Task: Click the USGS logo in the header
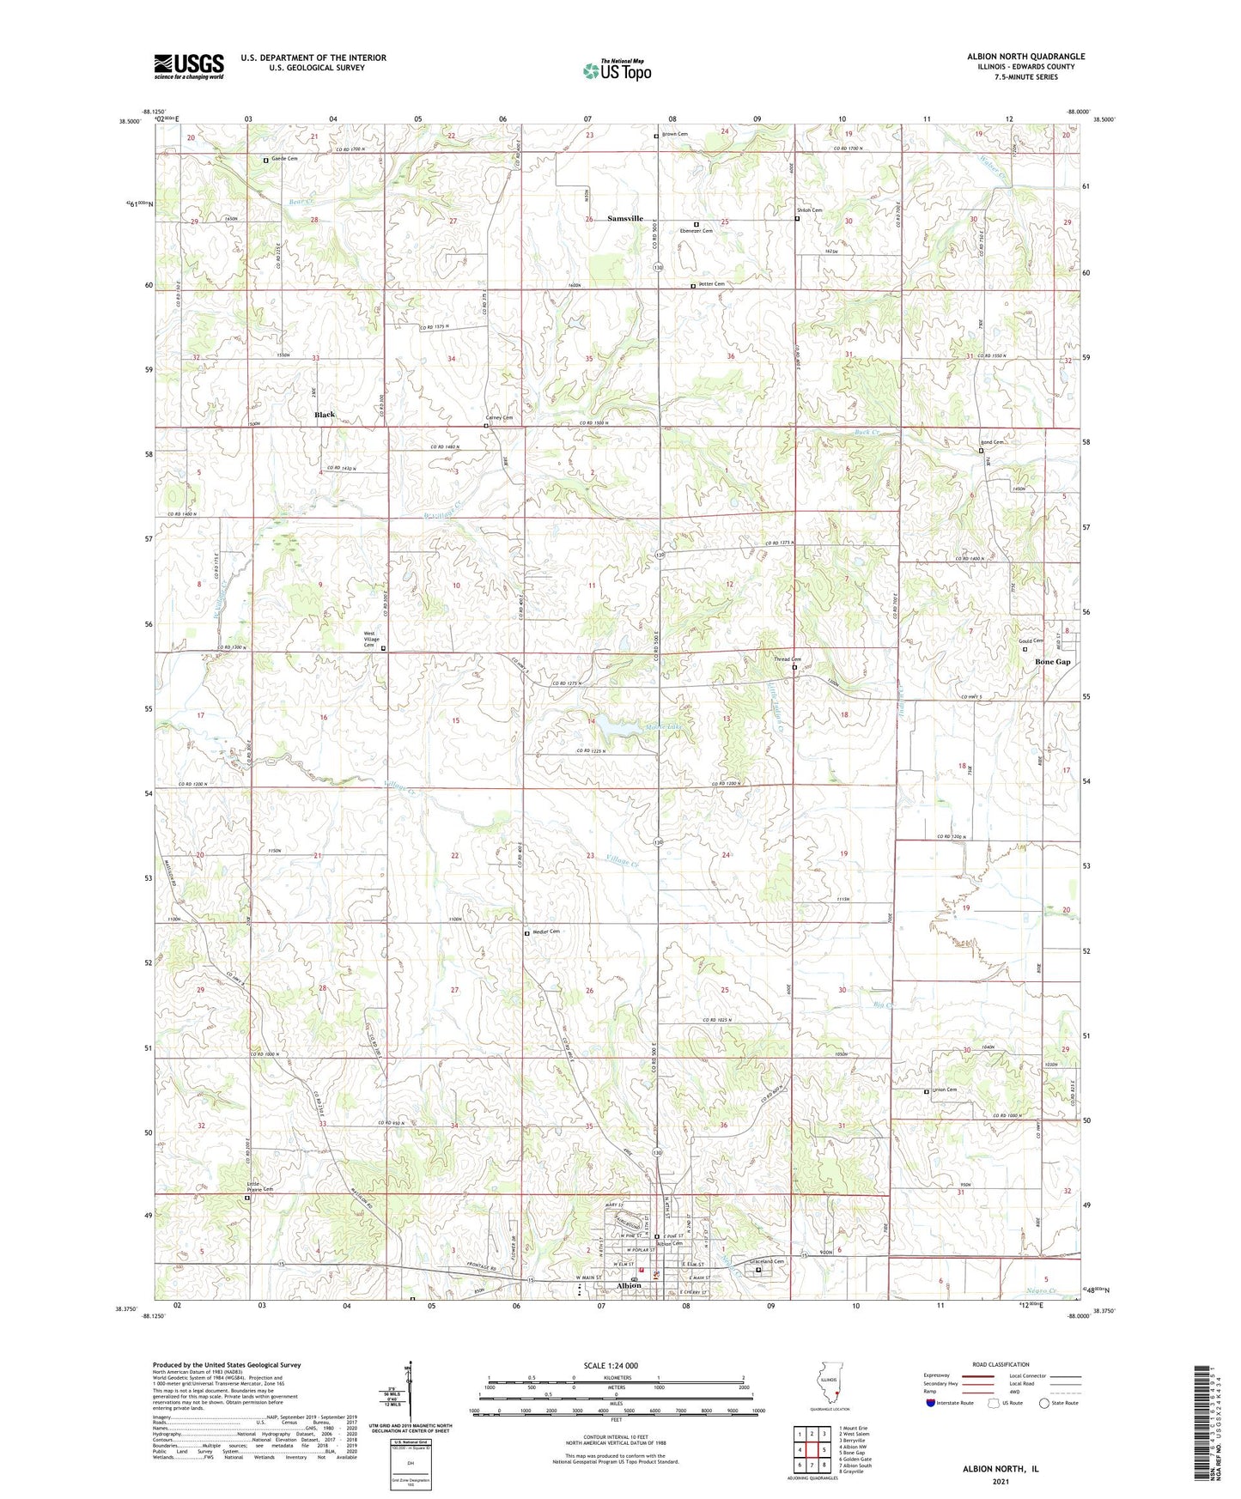coord(188,66)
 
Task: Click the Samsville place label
coord(625,219)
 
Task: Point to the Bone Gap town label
coord(1052,662)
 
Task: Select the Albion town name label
coord(630,1285)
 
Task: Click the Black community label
coord(325,415)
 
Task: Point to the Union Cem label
coord(945,1090)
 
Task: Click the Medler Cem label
coord(546,932)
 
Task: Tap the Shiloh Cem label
coord(809,210)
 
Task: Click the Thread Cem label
coord(788,659)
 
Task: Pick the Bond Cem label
coord(992,442)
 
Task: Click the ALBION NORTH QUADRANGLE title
coord(1025,57)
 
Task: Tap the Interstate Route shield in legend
coord(931,1403)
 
